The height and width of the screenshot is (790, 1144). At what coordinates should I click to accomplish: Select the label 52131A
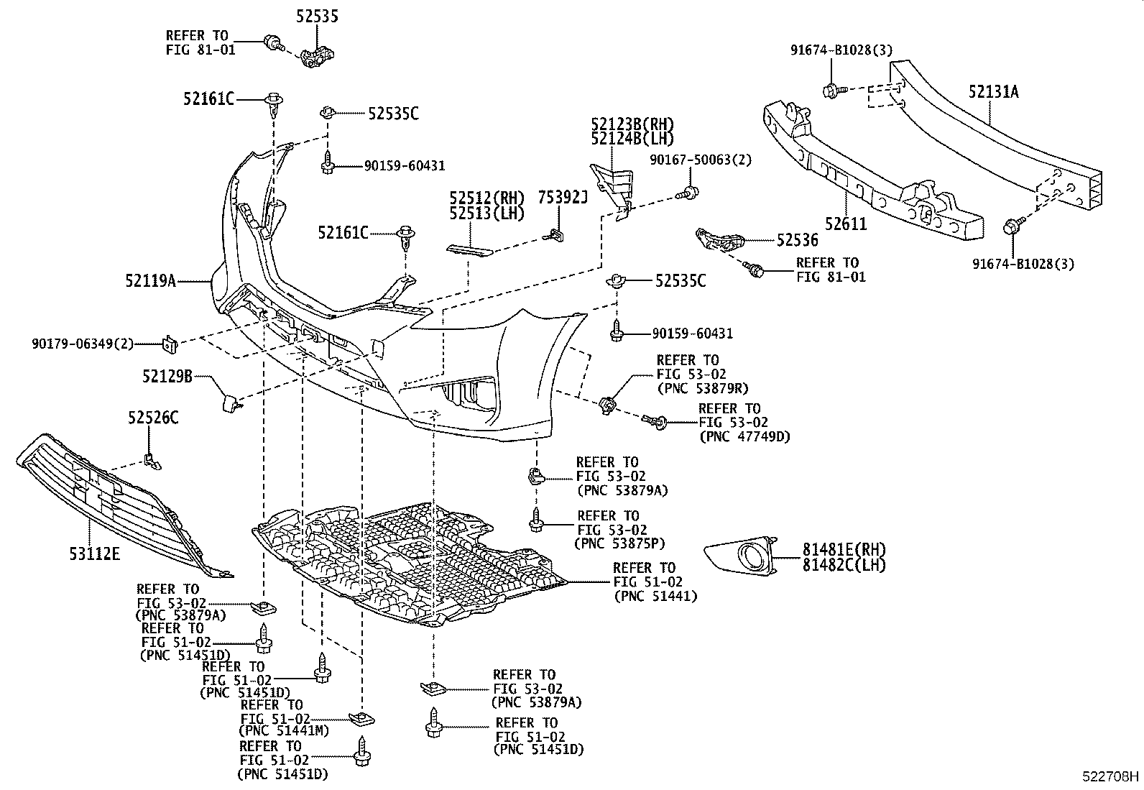pos(993,92)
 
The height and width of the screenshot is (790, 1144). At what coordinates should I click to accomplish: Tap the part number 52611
pos(846,224)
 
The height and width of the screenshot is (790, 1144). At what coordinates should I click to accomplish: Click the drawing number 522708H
pos(1111,776)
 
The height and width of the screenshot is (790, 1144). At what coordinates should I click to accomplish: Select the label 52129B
pos(167,375)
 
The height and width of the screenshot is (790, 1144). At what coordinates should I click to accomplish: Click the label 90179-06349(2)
pos(83,344)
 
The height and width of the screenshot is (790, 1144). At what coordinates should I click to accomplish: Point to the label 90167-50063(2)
pos(701,160)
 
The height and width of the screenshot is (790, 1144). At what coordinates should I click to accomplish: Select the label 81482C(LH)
pos(844,564)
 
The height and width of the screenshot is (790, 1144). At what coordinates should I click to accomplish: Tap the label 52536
pos(796,241)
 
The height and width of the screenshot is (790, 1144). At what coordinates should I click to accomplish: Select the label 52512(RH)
pos(488,198)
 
